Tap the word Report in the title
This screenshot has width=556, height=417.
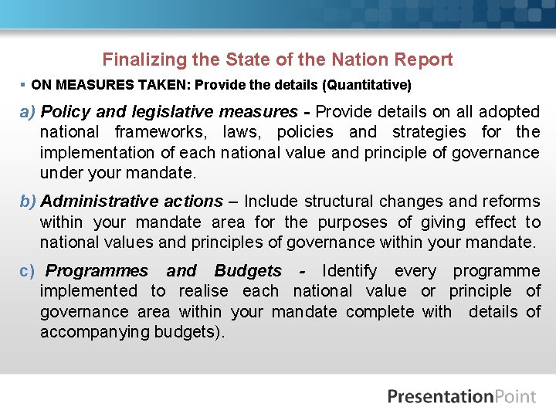pos(423,59)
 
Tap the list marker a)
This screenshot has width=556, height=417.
pos(28,112)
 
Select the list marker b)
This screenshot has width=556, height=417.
pos(28,202)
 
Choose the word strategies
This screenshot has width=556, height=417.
pos(429,132)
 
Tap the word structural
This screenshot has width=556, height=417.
pos(338,202)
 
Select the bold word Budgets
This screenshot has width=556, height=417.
pos(248,271)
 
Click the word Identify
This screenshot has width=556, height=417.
pos(350,271)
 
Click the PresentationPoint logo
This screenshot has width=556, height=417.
pos(461,397)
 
